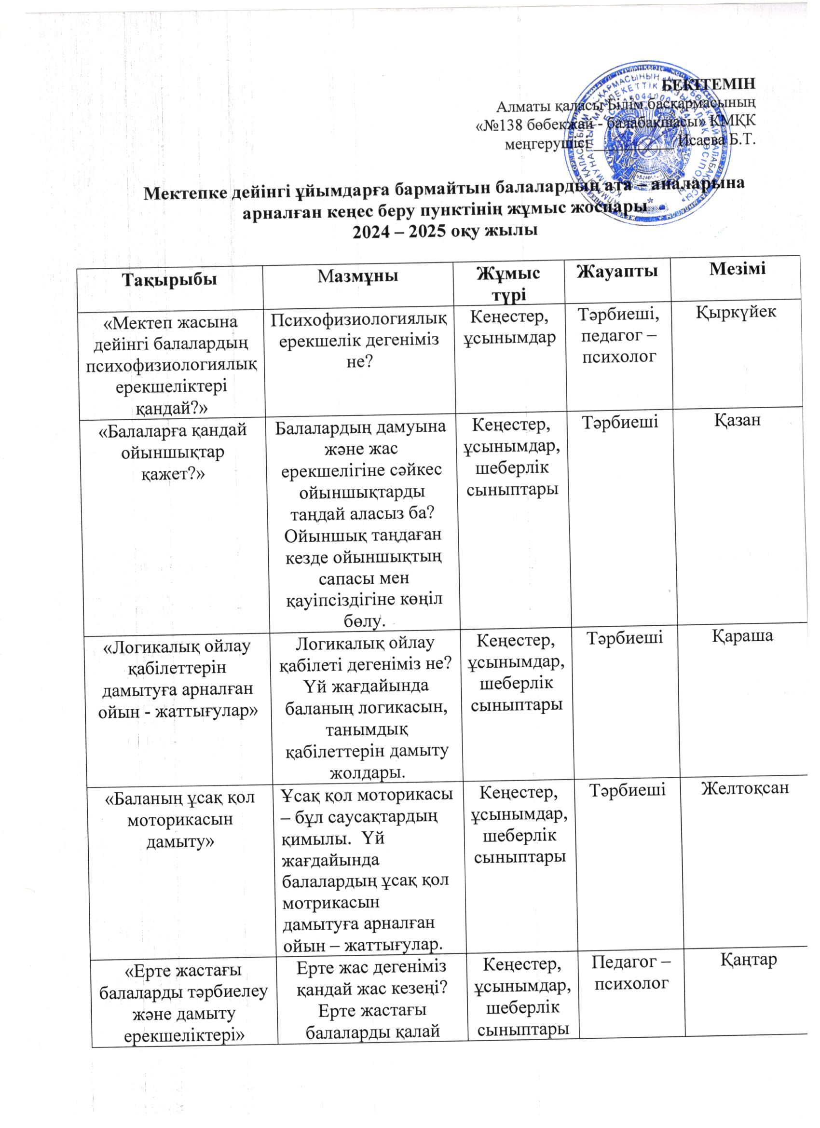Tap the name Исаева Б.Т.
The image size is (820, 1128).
point(717,140)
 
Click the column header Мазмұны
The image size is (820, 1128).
point(358,275)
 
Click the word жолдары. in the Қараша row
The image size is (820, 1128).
point(366,772)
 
